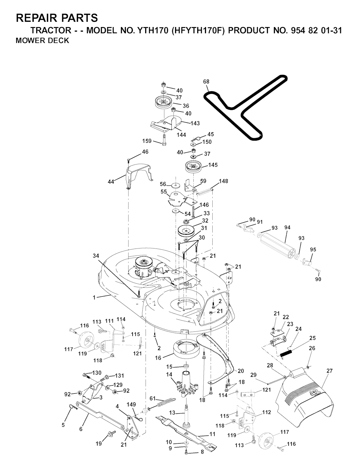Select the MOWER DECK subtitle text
point(43,40)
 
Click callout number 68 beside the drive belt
point(206,82)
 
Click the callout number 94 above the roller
point(287,227)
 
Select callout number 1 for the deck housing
point(94,297)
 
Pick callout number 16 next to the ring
point(158,358)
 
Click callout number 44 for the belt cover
point(111,182)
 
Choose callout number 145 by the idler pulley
point(213,165)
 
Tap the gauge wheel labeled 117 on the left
point(84,340)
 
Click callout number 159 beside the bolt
point(147,141)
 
